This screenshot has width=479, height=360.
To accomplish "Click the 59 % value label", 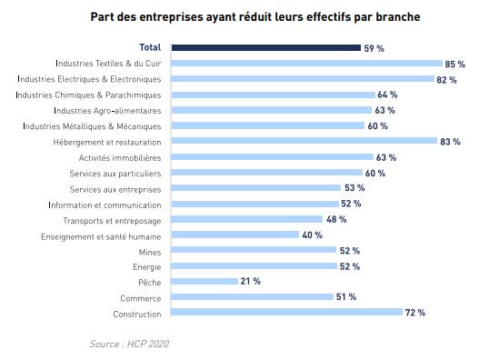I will [374, 47].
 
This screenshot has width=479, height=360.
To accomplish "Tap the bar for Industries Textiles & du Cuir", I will [304, 64].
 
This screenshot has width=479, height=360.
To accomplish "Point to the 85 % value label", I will [455, 64].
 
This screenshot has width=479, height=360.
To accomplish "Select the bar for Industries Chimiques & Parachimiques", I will [273, 95].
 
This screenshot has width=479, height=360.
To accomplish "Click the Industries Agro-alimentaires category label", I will [107, 110].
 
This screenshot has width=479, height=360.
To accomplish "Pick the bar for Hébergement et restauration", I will [304, 142].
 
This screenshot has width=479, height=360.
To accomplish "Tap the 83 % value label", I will [451, 142].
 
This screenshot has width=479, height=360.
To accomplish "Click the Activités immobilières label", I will [121, 157].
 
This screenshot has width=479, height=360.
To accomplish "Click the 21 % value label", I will [251, 282].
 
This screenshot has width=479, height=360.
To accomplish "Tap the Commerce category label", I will [141, 298].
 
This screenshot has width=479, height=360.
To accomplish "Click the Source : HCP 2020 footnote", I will [129, 344].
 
